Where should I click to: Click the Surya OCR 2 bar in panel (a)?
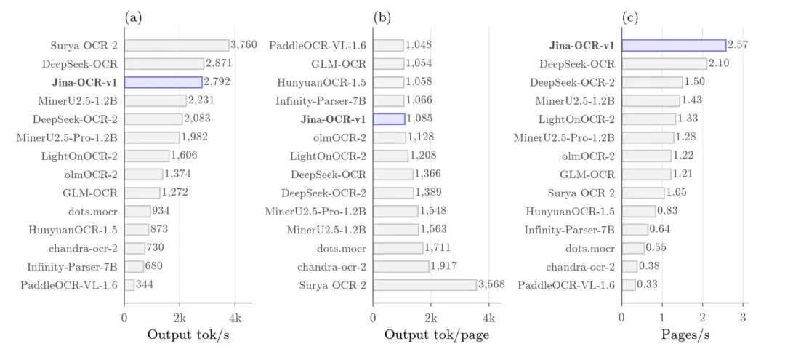point(177,46)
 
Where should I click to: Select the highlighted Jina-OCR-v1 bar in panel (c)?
point(674,46)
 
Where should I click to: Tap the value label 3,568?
point(491,285)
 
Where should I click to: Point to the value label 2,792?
point(217,82)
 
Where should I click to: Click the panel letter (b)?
point(382,18)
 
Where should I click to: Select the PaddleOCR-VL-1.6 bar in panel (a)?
point(129,285)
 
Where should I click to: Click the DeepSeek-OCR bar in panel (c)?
point(664,63)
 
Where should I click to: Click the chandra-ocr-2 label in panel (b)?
point(338,267)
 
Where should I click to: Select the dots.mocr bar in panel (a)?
point(137,212)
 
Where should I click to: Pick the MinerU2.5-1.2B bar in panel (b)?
point(396,230)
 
